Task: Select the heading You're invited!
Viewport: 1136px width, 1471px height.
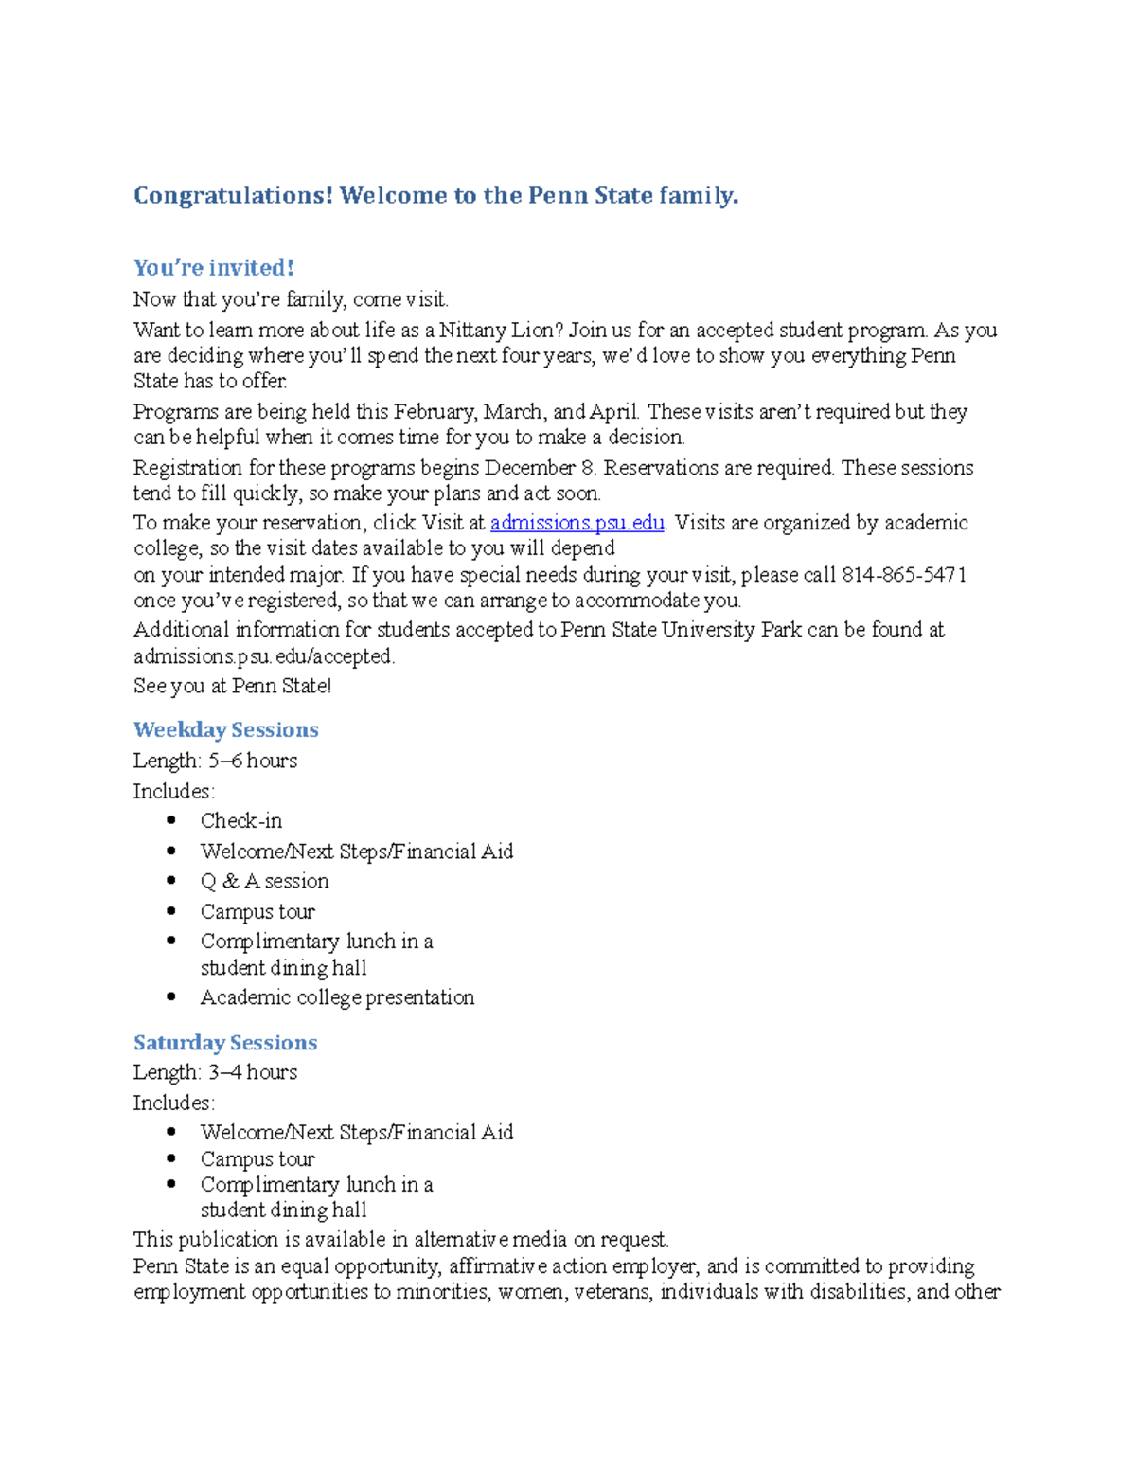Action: click(214, 268)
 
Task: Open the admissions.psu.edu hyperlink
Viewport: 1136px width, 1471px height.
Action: click(577, 523)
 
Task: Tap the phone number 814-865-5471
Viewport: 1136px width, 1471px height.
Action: click(903, 575)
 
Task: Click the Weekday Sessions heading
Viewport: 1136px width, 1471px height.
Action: click(225, 730)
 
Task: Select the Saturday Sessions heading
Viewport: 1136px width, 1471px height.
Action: click(225, 1043)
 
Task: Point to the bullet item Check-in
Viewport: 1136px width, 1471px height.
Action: click(240, 821)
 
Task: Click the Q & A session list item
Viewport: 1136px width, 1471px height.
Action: click(264, 882)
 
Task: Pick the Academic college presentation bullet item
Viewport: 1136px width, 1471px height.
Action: click(337, 997)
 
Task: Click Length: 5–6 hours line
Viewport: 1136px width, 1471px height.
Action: click(215, 761)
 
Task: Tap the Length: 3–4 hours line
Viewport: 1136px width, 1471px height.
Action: click(215, 1072)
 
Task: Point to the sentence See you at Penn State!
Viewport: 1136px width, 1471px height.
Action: click(232, 686)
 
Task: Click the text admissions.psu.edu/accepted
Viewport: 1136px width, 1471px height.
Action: click(263, 656)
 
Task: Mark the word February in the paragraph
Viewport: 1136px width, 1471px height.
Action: click(435, 412)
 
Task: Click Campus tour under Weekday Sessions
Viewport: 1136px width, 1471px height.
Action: click(257, 912)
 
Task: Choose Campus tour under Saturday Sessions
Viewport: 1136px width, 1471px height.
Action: click(257, 1159)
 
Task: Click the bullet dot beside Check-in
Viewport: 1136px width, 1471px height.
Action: click(170, 821)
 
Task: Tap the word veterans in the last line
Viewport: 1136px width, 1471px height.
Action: click(612, 1292)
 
